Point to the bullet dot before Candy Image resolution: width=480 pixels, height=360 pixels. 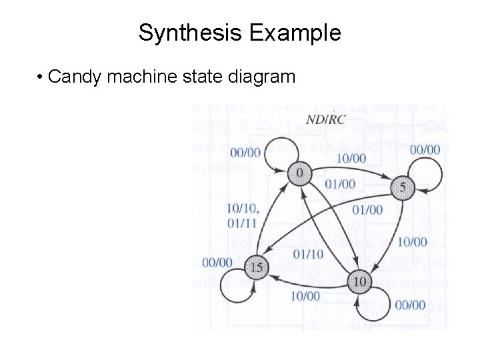(x=41, y=77)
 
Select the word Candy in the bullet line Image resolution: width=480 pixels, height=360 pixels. (x=75, y=77)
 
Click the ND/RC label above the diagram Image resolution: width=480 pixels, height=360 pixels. (x=325, y=120)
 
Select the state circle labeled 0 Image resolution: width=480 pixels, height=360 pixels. (x=299, y=173)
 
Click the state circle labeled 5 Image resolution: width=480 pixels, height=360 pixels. (x=402, y=188)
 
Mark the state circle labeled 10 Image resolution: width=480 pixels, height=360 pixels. (x=359, y=282)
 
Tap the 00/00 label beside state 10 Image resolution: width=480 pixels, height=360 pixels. (x=410, y=305)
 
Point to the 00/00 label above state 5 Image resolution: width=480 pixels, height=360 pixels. (x=425, y=150)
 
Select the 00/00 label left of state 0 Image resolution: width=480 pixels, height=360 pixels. (x=246, y=153)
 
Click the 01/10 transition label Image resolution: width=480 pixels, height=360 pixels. (x=308, y=253)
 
